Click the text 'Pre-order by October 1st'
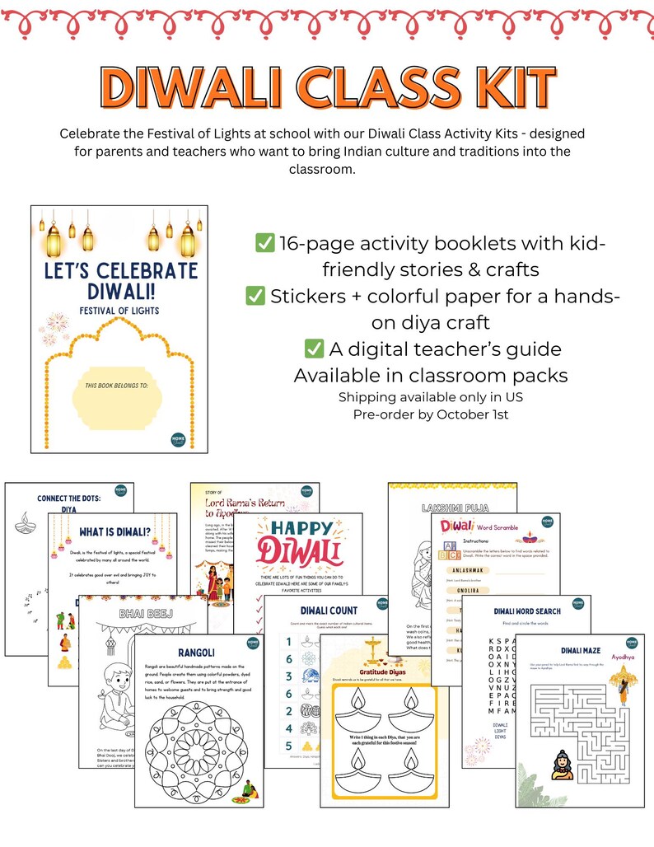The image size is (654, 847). [x=430, y=414]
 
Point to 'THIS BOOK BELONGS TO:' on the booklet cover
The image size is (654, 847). [x=119, y=385]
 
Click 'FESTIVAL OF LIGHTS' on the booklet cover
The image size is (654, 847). [x=119, y=311]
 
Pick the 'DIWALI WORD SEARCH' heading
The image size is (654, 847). [x=527, y=611]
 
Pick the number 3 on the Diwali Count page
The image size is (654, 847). [x=289, y=676]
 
